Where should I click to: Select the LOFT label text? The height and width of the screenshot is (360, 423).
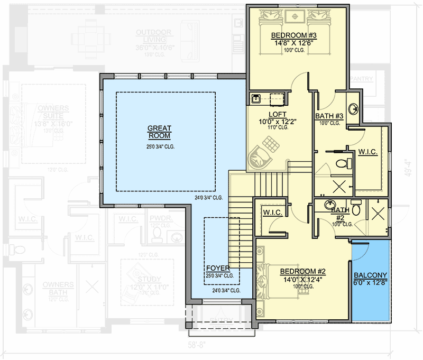tap(278, 114)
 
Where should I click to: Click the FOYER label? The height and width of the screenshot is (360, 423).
tap(219, 268)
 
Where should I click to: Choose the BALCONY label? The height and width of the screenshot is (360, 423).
tap(370, 275)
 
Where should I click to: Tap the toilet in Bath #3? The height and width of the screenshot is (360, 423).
tap(348, 162)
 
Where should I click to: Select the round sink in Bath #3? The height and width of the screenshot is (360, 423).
tap(353, 106)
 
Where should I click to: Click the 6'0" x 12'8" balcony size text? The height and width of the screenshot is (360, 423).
tap(370, 283)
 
